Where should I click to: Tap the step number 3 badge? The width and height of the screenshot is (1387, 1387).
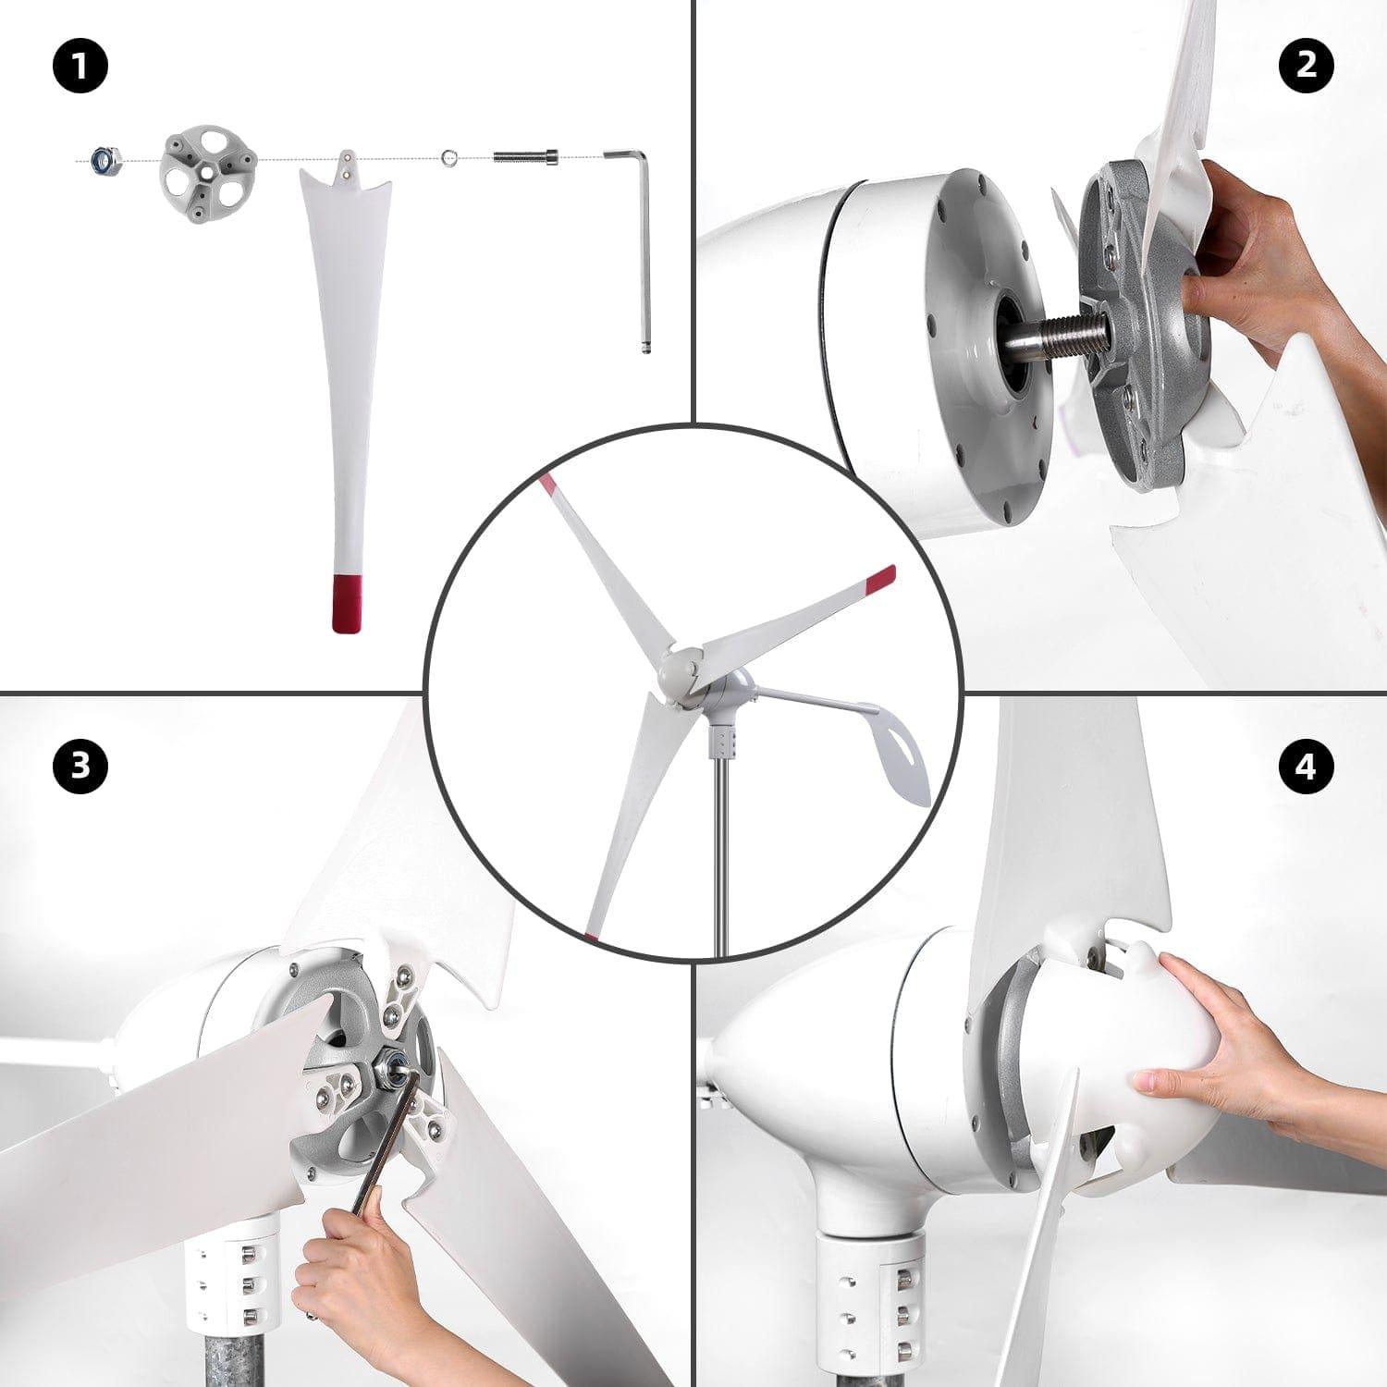pos(81,766)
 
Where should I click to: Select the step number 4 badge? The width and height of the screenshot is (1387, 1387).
pos(1306,766)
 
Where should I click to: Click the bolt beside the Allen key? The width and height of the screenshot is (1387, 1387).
pos(525,157)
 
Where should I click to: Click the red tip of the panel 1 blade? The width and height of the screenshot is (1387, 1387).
pos(347,603)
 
